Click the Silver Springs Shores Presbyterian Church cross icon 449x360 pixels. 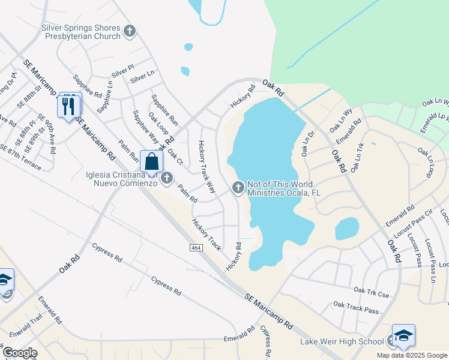129,30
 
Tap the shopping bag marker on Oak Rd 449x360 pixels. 152,161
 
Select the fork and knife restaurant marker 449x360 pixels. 68,106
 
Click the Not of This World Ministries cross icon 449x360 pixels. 238,188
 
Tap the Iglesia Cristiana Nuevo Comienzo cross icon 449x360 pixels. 167,178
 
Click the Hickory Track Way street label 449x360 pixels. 206,166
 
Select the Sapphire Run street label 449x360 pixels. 164,109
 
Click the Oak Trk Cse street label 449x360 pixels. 372,292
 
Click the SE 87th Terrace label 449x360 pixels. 21,158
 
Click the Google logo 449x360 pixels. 19,353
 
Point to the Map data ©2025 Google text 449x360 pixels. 411,355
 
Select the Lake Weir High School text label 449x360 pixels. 342,341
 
